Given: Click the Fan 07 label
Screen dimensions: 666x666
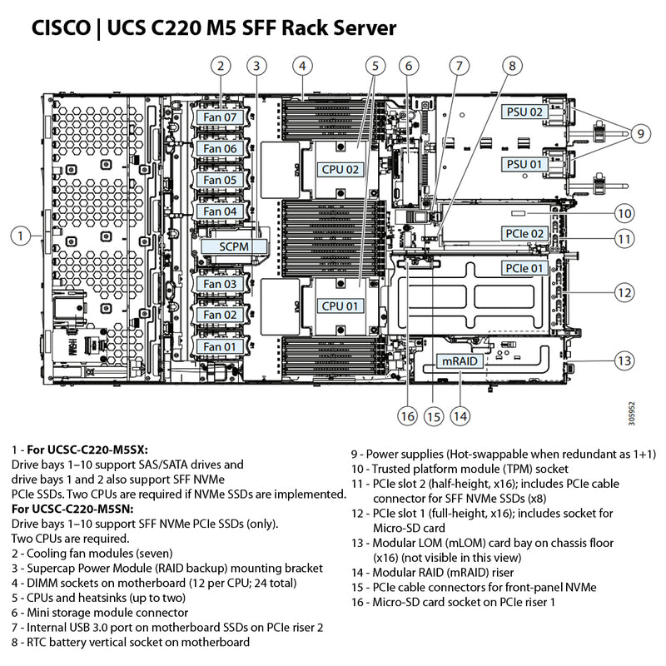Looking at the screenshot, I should coord(221,118).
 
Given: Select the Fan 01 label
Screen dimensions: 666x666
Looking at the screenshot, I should coord(221,346).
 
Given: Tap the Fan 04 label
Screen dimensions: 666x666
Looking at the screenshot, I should coord(221,211).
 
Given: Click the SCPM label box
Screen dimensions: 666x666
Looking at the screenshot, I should coord(236,246).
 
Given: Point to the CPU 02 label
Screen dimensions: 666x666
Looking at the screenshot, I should coord(341,169).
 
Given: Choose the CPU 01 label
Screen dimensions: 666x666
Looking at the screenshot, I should coord(341,306).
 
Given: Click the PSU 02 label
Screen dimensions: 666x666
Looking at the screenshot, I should coord(524,112).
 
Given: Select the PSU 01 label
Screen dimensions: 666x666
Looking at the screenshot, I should coord(524,165).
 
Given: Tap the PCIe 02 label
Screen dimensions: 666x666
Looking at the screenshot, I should coord(524,234).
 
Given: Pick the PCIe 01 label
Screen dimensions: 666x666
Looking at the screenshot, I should coord(524,268).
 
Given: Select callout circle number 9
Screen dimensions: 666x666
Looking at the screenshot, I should coord(639,132).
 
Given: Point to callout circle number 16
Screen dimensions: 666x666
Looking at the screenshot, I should coord(406,415).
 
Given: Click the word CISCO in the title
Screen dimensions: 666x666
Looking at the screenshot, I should coord(59,29).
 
